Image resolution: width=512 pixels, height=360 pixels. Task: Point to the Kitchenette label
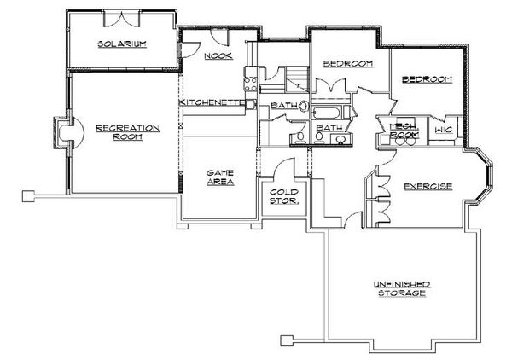pyautogui.click(x=213, y=102)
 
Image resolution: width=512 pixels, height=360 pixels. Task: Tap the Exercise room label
pyautogui.click(x=428, y=186)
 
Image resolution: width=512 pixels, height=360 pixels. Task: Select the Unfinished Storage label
pyautogui.click(x=399, y=287)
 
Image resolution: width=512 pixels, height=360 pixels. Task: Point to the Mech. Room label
pyautogui.click(x=403, y=130)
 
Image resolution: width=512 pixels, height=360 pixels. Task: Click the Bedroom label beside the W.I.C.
pyautogui.click(x=426, y=79)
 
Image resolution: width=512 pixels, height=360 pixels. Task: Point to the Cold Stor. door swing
pyautogui.click(x=273, y=170)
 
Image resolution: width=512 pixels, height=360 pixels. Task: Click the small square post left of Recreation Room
pyautogui.click(x=28, y=195)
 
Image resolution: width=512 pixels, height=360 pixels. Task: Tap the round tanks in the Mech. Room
pyautogui.click(x=404, y=142)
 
